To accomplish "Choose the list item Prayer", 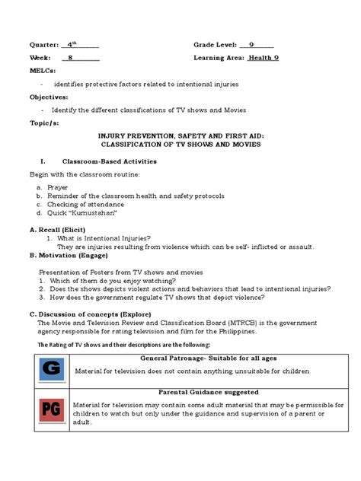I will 56,186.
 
